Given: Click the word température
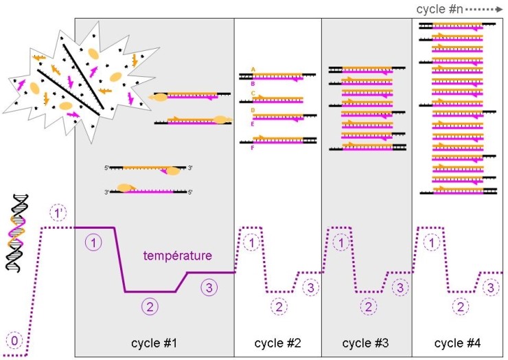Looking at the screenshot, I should pyautogui.click(x=178, y=256).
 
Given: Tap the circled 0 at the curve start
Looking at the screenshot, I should pyautogui.click(x=13, y=339).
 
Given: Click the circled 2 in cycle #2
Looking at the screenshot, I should pyautogui.click(x=279, y=306).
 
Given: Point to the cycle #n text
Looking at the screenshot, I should pyautogui.click(x=439, y=9).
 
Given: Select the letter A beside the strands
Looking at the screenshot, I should pyautogui.click(x=253, y=69).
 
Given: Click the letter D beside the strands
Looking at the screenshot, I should pyautogui.click(x=253, y=109).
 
